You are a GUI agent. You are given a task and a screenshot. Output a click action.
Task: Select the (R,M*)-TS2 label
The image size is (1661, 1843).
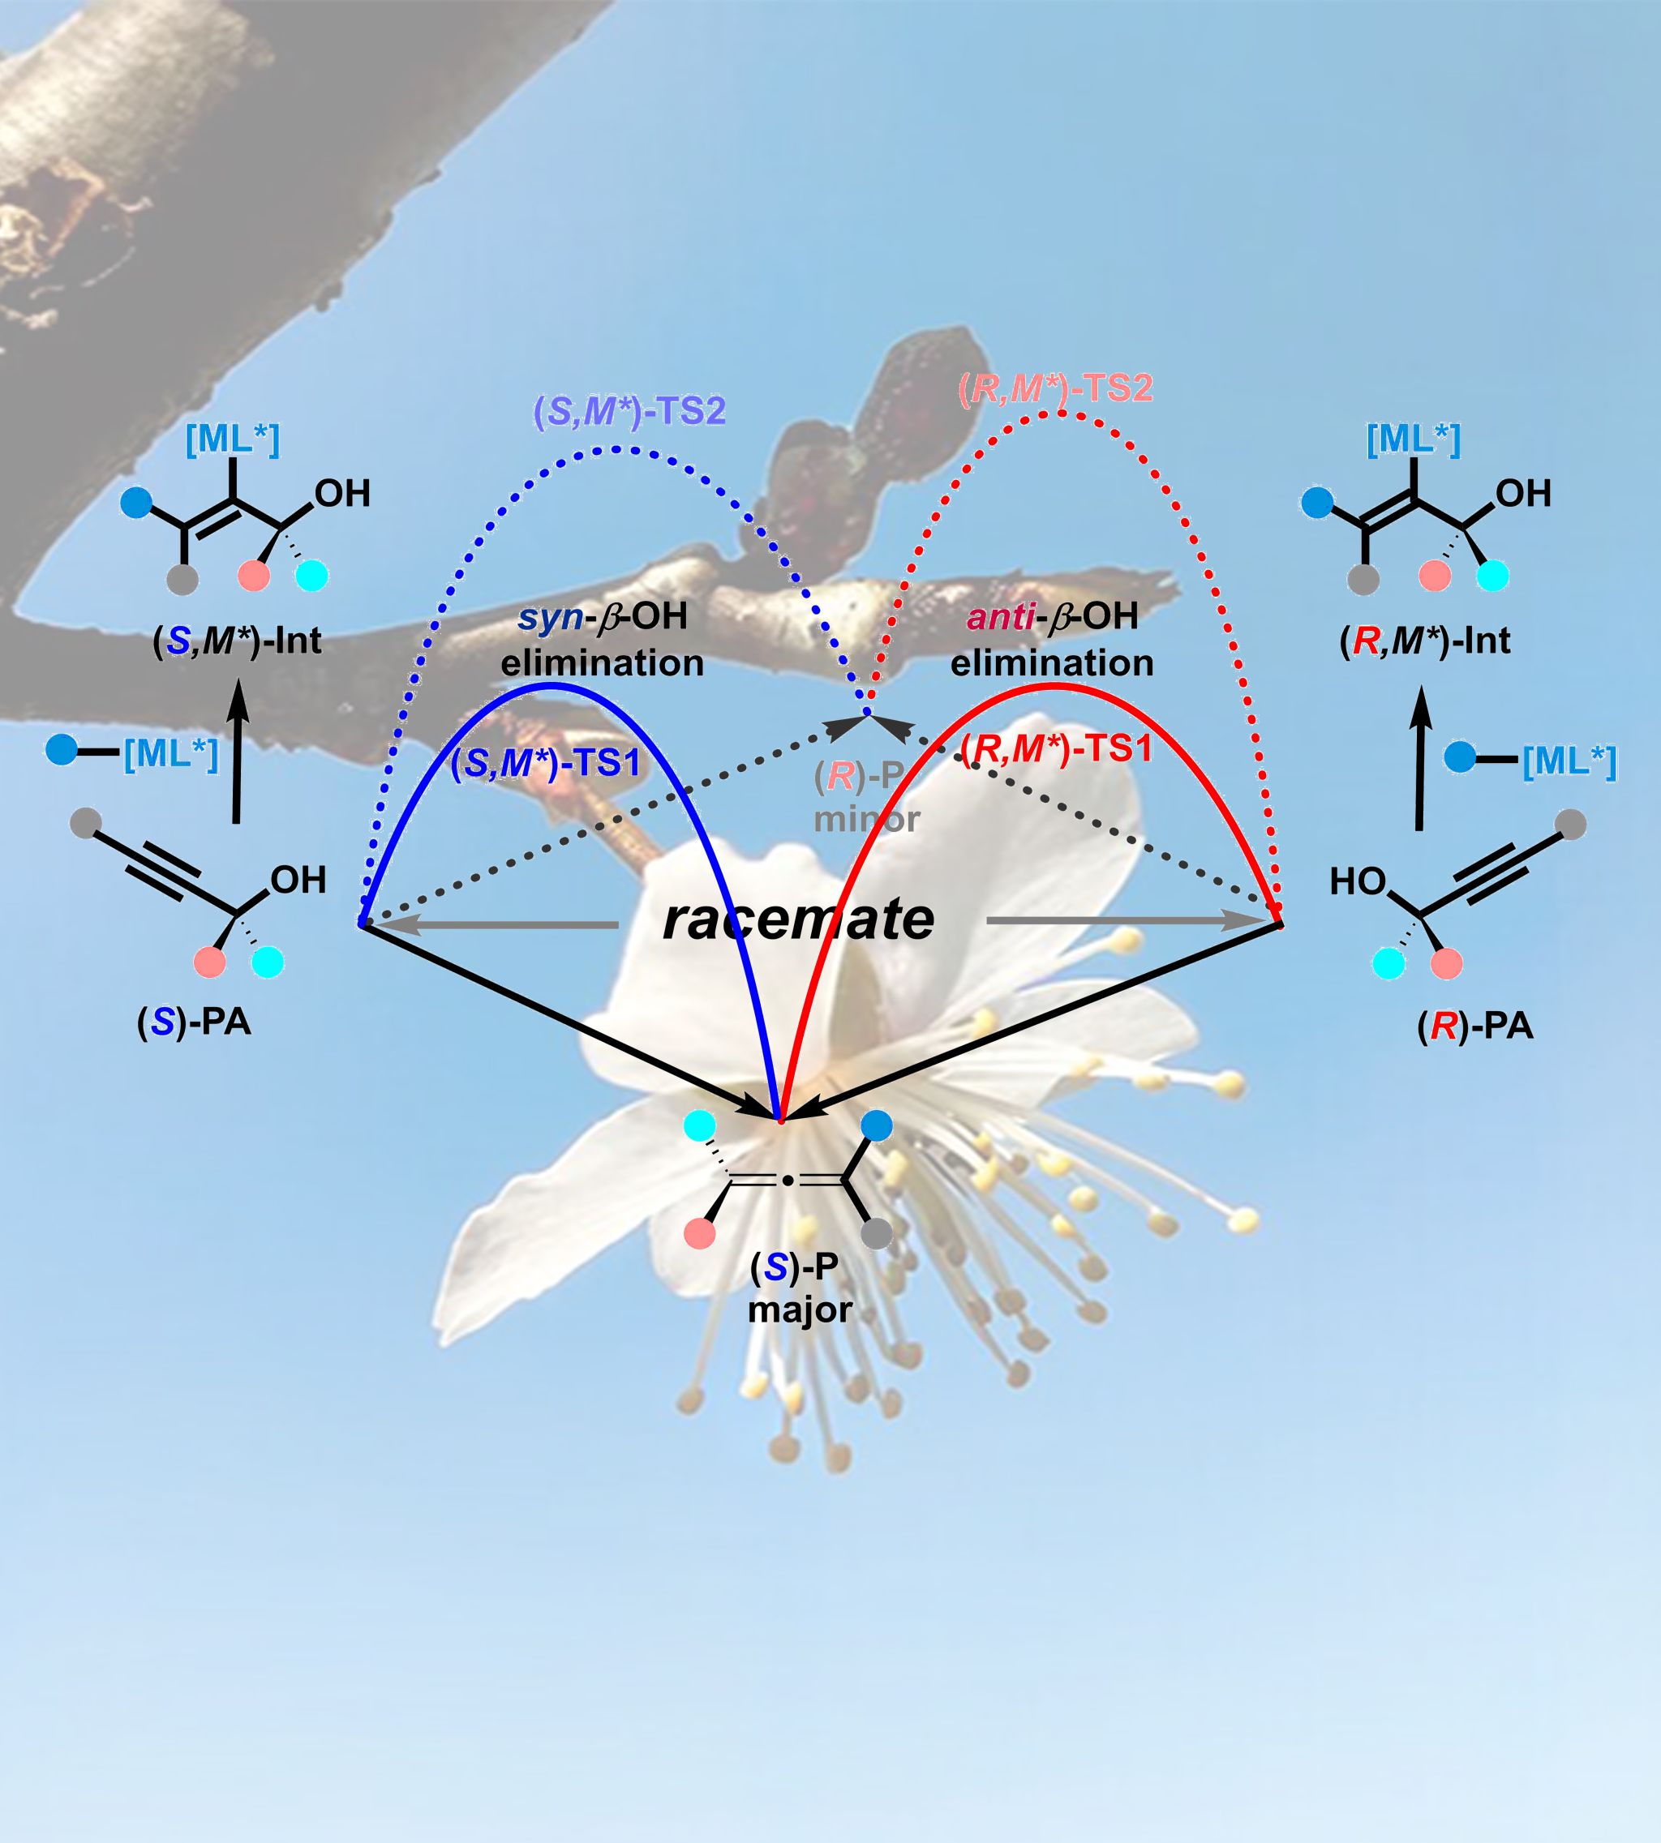tap(1057, 388)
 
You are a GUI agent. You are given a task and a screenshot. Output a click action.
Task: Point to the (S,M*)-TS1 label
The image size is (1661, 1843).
tap(546, 763)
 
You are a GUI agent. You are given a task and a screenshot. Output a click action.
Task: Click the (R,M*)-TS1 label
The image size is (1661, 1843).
tap(1057, 750)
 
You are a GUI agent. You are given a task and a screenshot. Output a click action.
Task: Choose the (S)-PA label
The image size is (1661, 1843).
tap(195, 1022)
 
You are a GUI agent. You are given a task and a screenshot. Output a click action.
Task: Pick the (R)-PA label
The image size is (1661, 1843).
tap(1474, 1027)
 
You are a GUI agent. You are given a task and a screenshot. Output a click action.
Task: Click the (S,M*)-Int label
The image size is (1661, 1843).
tap(238, 641)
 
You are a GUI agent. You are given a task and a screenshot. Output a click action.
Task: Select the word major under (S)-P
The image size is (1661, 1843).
tap(800, 1311)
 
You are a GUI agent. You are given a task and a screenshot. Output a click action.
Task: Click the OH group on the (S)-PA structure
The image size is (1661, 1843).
tap(298, 881)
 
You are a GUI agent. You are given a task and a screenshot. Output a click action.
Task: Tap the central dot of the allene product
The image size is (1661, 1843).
tap(787, 1181)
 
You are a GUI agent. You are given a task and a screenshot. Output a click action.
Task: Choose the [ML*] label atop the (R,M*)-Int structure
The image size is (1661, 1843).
tap(1414, 440)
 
